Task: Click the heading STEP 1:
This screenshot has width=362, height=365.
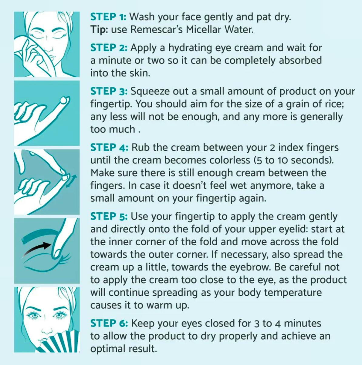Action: [108, 17]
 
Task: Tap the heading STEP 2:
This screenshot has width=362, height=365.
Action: [109, 48]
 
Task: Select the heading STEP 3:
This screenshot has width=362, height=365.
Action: [109, 91]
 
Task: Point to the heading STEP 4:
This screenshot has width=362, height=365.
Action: [109, 147]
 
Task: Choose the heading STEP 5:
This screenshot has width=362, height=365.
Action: [109, 216]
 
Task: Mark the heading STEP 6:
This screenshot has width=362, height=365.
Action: [109, 323]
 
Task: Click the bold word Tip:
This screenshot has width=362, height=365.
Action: [99, 30]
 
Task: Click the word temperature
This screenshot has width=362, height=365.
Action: [293, 293]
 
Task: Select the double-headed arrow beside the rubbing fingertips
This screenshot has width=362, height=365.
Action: [71, 181]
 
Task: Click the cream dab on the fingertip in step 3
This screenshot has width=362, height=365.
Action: [64, 100]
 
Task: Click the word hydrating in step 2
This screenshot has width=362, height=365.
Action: [190, 48]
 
